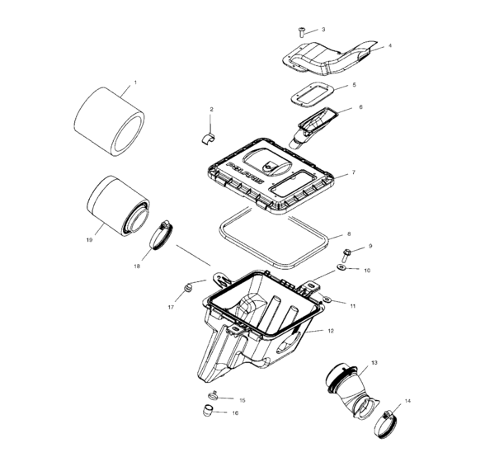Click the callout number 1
(135, 82)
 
